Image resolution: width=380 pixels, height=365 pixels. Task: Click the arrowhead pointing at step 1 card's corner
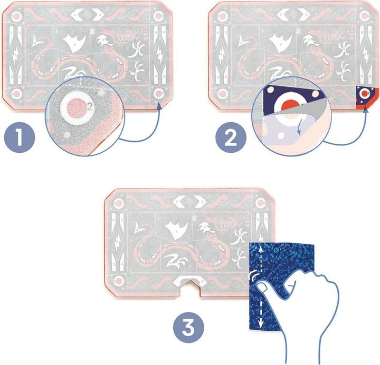tap(158, 103)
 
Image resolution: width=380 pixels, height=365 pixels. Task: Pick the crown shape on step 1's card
tap(74, 42)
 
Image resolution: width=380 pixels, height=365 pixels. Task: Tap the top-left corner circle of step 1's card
tap(16, 16)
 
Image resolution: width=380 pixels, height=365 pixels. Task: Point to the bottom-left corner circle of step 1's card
tap(16, 94)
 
